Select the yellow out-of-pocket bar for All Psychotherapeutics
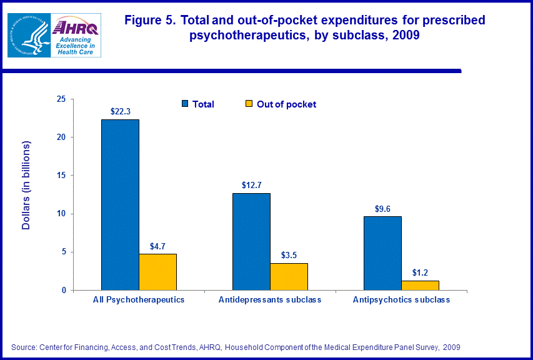pos(157,272)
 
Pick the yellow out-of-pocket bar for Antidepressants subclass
pos(289,276)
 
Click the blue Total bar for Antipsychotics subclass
pos(382,253)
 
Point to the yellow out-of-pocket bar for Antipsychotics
pos(420,285)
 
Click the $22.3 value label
pos(120,111)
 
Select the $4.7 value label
pos(157,246)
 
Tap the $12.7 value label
pos(251,185)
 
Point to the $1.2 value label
pos(420,272)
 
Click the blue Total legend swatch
pos(186,104)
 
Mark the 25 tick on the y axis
pos(61,99)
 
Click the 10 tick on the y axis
pos(61,214)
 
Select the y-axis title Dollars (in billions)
pos(26,186)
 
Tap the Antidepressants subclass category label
pos(270,300)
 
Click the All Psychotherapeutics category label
pos(139,300)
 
